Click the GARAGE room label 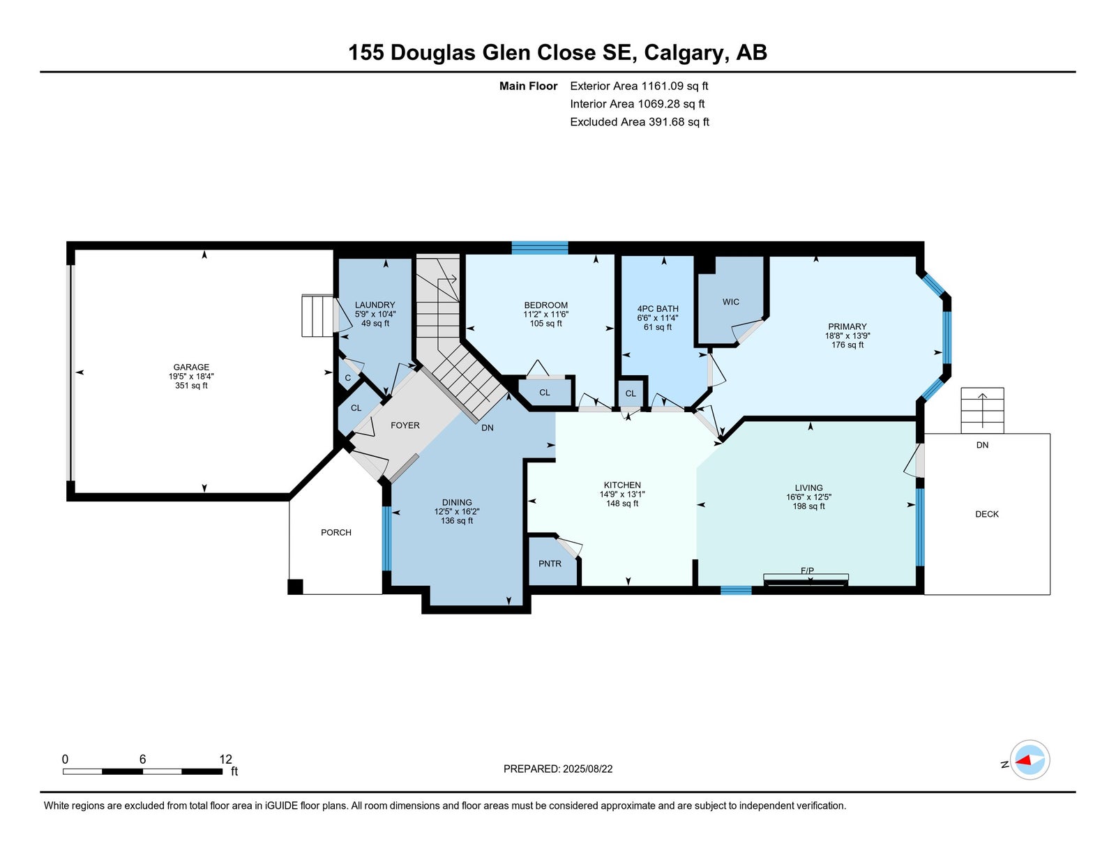click(191, 367)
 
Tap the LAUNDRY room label click(375, 305)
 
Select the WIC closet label click(730, 302)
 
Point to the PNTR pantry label click(550, 564)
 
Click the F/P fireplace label click(807, 570)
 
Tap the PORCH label click(336, 532)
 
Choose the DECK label click(986, 514)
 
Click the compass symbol click(1030, 760)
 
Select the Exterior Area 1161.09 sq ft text click(639, 86)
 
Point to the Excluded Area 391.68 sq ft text click(640, 122)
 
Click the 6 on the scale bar click(143, 759)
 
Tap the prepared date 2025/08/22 click(587, 769)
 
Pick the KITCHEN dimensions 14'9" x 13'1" click(622, 494)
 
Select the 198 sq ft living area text click(808, 506)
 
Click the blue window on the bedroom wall click(540, 248)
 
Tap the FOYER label click(405, 425)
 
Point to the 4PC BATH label click(657, 308)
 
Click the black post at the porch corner click(295, 587)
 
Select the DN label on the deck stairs click(982, 445)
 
